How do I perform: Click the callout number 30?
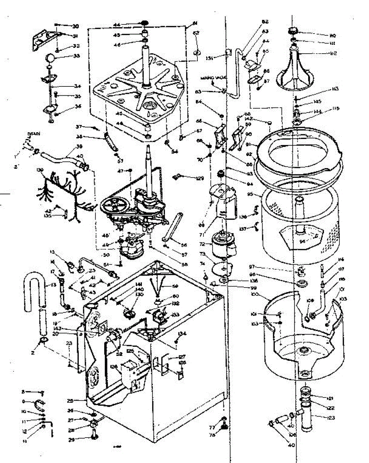(75, 27)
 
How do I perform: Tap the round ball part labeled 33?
(51, 58)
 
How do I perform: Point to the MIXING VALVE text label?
(214, 78)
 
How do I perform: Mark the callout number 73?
(202, 254)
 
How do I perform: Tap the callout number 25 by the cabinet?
(70, 400)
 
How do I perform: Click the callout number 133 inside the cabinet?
(175, 315)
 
